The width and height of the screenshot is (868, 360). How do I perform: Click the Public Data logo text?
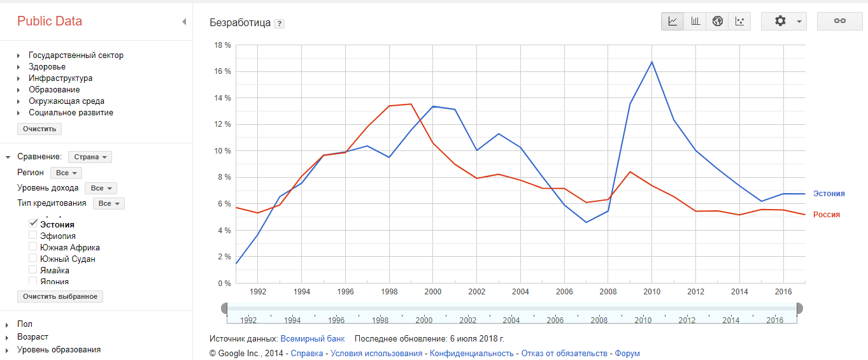[50, 21]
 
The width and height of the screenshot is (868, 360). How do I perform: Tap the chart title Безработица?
[240, 23]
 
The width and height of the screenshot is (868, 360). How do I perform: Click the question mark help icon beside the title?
[279, 24]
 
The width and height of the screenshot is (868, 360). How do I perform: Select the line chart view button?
[672, 21]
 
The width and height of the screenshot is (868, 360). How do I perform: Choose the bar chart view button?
[695, 21]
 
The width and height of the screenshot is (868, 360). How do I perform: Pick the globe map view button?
[718, 21]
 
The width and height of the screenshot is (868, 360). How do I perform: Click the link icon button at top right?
[839, 21]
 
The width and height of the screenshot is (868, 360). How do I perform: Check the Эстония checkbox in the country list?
[33, 224]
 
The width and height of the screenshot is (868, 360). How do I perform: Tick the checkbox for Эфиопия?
[33, 236]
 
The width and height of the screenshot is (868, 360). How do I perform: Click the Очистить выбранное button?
[60, 296]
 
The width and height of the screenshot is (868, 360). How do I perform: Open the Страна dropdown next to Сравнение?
[90, 157]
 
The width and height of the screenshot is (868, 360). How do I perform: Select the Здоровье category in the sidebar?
[47, 67]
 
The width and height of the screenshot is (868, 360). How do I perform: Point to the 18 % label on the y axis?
[223, 45]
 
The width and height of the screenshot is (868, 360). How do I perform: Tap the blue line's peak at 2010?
[652, 62]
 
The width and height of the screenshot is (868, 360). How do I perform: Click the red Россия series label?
[826, 215]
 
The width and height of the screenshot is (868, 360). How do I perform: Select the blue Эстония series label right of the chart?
[829, 194]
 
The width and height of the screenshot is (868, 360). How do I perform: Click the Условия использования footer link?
[376, 353]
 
